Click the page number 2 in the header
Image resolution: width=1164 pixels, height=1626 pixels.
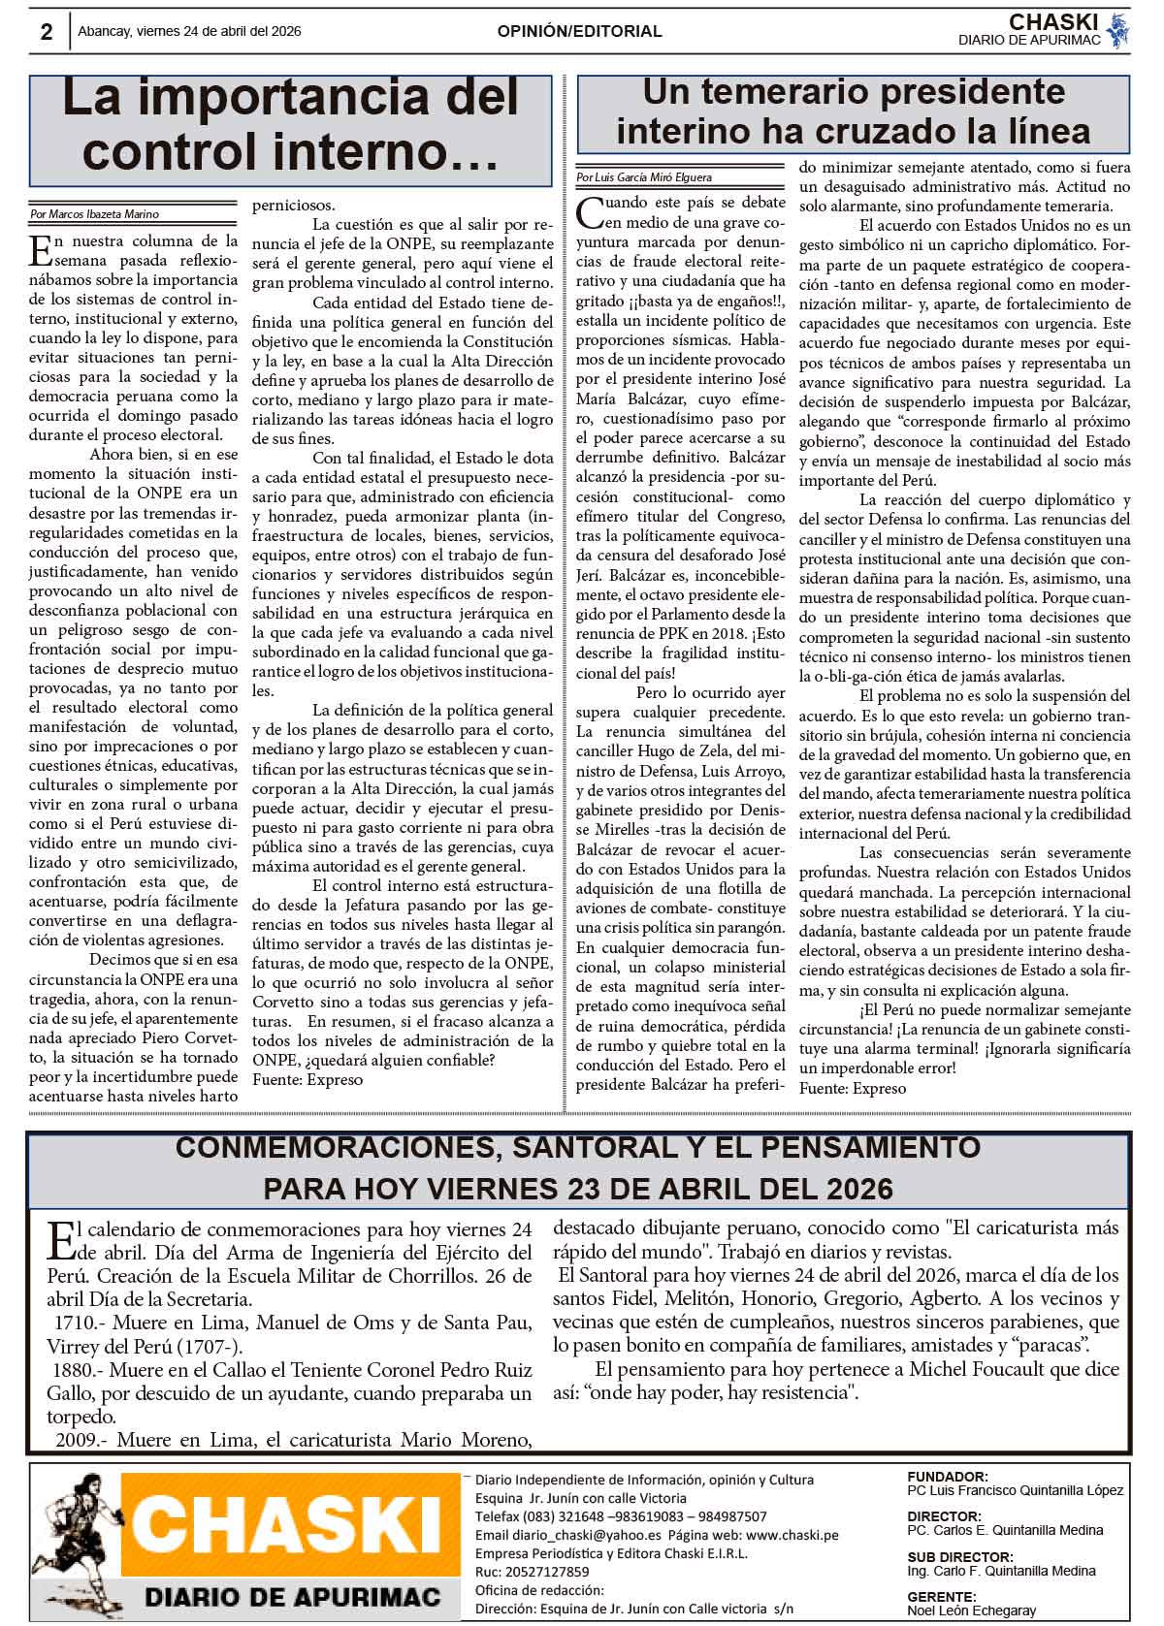coord(47,32)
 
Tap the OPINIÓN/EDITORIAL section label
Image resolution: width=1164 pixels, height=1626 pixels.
coord(579,31)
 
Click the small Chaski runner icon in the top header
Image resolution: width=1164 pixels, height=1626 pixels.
coord(1118,30)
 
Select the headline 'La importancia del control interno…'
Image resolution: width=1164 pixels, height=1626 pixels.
coord(291,124)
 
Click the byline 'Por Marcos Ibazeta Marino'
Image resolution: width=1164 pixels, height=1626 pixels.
coord(95,214)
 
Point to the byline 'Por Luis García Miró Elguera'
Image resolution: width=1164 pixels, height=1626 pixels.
coord(643,177)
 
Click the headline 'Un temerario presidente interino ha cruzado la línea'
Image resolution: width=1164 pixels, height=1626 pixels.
coord(854,112)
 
